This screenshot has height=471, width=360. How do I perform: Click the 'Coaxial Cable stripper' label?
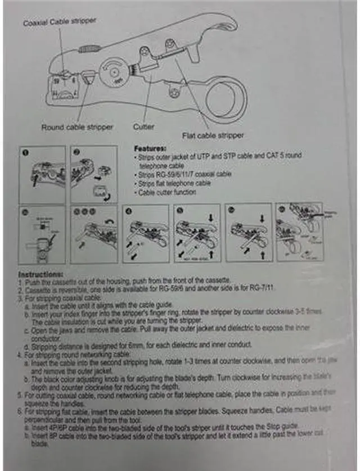pos(60,22)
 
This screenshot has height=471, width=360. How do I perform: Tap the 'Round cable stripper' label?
pos(77,127)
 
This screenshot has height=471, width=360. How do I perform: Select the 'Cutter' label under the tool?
pos(144,127)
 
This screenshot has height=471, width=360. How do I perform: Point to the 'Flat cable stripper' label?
pos(213,135)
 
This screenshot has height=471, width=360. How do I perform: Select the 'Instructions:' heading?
pos(40,274)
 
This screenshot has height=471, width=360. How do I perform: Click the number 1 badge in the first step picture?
pos(25,152)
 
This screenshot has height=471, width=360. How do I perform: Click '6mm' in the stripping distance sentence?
pos(134,345)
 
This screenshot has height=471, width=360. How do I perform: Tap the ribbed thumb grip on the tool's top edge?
pos(87,49)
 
